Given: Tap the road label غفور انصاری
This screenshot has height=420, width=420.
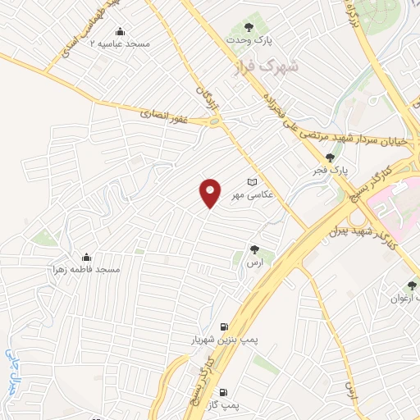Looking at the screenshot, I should click(x=165, y=116).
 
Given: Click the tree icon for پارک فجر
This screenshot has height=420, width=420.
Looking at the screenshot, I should click(x=330, y=158).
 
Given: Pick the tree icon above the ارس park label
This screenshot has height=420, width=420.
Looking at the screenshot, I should click(x=253, y=250).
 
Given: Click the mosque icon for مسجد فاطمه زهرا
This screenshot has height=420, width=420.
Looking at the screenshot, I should click(x=86, y=256).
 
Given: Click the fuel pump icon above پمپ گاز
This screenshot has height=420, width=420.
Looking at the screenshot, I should click(x=224, y=392).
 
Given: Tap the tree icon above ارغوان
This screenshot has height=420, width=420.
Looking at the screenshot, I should click(x=412, y=285).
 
